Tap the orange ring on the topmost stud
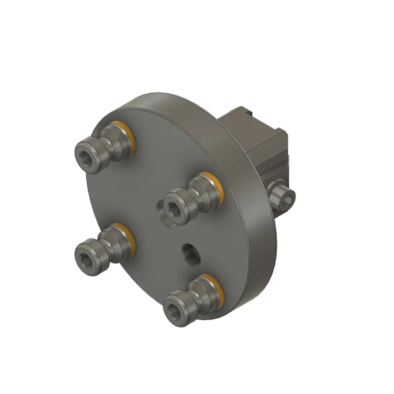[129, 135]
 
